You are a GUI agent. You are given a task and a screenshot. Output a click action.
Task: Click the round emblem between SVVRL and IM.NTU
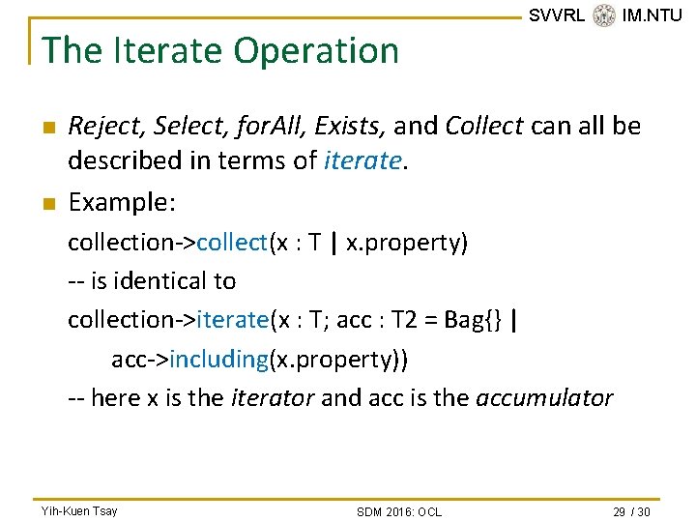coord(603,15)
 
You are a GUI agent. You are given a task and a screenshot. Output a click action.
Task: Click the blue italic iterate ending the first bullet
coord(359,161)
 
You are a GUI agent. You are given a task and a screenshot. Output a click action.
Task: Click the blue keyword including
coord(218,360)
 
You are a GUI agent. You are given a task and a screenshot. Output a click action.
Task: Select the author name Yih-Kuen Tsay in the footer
coord(79,510)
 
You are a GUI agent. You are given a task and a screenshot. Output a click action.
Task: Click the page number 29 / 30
coord(630,510)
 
